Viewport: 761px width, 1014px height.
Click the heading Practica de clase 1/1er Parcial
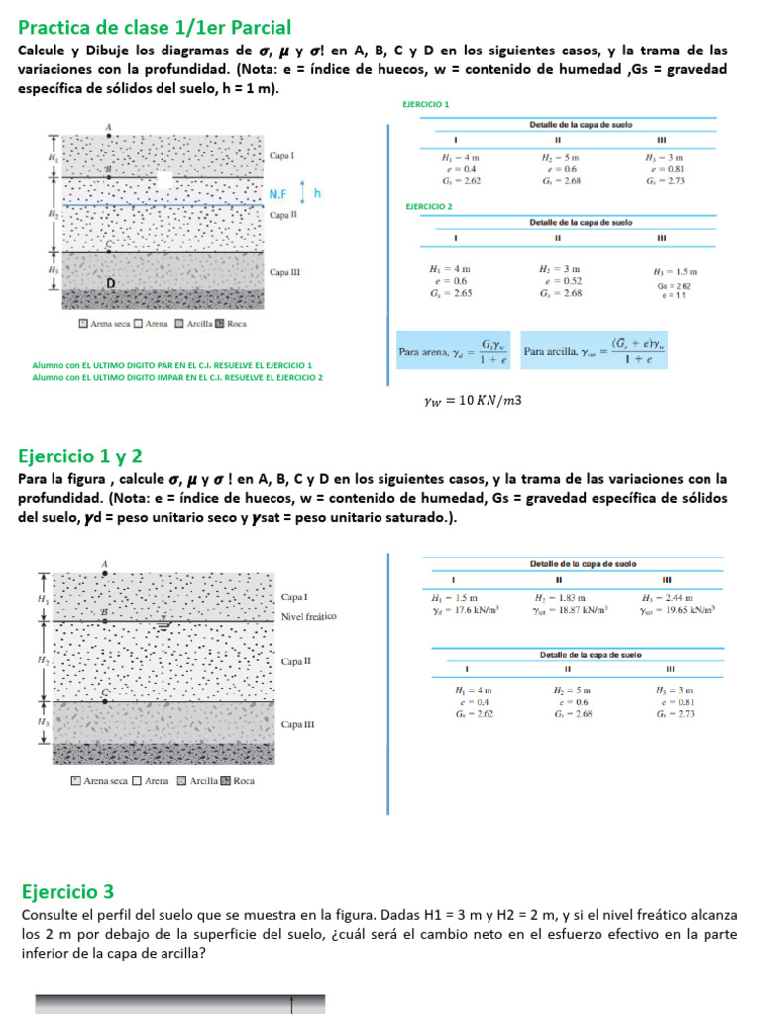click(155, 27)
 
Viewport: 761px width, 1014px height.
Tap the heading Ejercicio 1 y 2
click(80, 456)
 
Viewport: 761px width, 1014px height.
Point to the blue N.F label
click(281, 195)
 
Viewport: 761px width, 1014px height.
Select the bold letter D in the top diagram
click(111, 284)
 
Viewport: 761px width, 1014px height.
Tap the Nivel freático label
click(308, 616)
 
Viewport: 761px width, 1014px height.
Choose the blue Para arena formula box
click(453, 351)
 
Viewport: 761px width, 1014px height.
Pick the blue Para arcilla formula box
click(595, 351)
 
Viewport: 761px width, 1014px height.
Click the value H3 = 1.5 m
click(675, 271)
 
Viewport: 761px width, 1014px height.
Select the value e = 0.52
click(560, 281)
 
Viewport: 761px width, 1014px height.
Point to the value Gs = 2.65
click(450, 293)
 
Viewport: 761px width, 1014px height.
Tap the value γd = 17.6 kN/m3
click(464, 610)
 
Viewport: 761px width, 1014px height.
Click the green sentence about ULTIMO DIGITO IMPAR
click(177, 377)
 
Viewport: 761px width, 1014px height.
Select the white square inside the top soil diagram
click(165, 179)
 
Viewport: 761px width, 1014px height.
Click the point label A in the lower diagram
click(105, 564)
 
